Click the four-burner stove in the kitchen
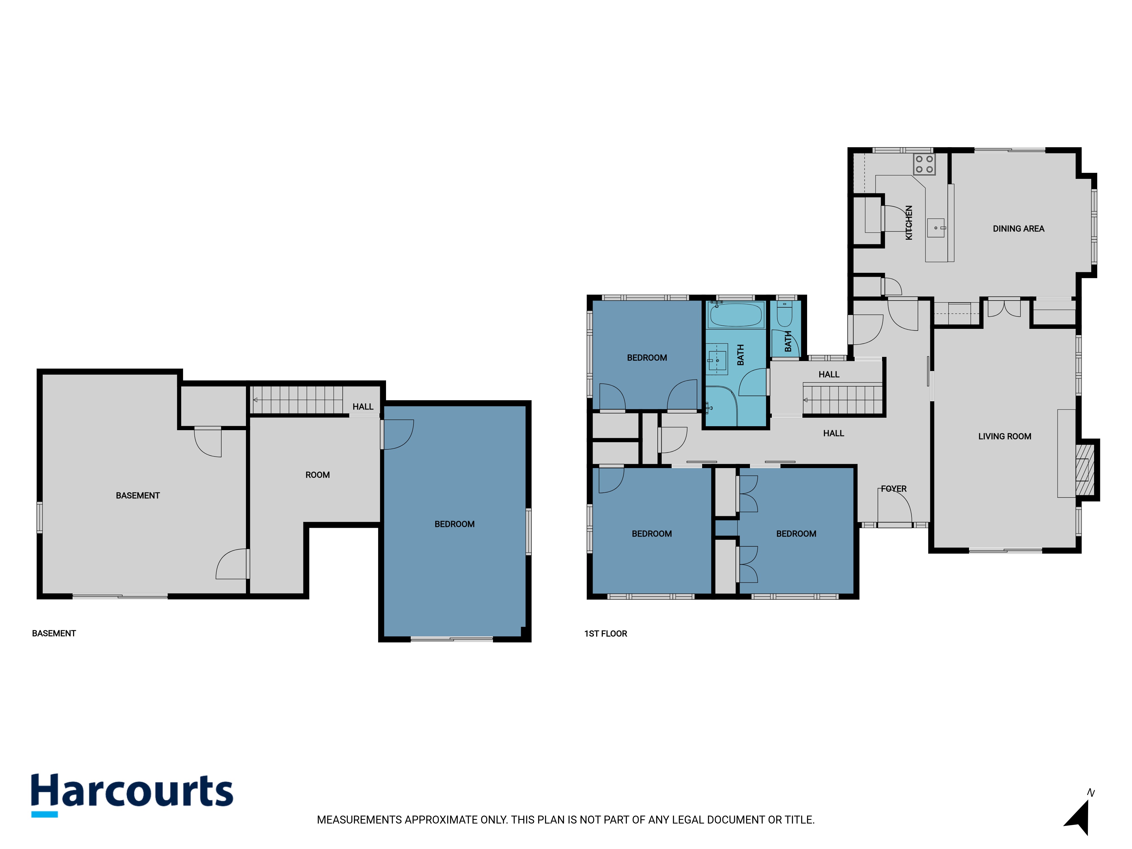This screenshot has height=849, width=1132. (x=924, y=164)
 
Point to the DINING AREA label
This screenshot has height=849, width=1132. (x=1019, y=229)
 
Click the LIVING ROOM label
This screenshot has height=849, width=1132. (x=1005, y=436)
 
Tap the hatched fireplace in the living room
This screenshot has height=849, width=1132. (x=1085, y=470)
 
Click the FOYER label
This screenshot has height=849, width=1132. (x=893, y=489)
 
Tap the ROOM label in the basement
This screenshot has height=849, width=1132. (x=317, y=475)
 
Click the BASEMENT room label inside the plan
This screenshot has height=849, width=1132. (x=138, y=495)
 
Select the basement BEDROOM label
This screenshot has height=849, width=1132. (x=454, y=524)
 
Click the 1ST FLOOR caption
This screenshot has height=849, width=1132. (x=605, y=634)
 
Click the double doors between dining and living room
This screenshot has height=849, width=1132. (x=1004, y=308)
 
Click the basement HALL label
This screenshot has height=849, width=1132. (x=363, y=407)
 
